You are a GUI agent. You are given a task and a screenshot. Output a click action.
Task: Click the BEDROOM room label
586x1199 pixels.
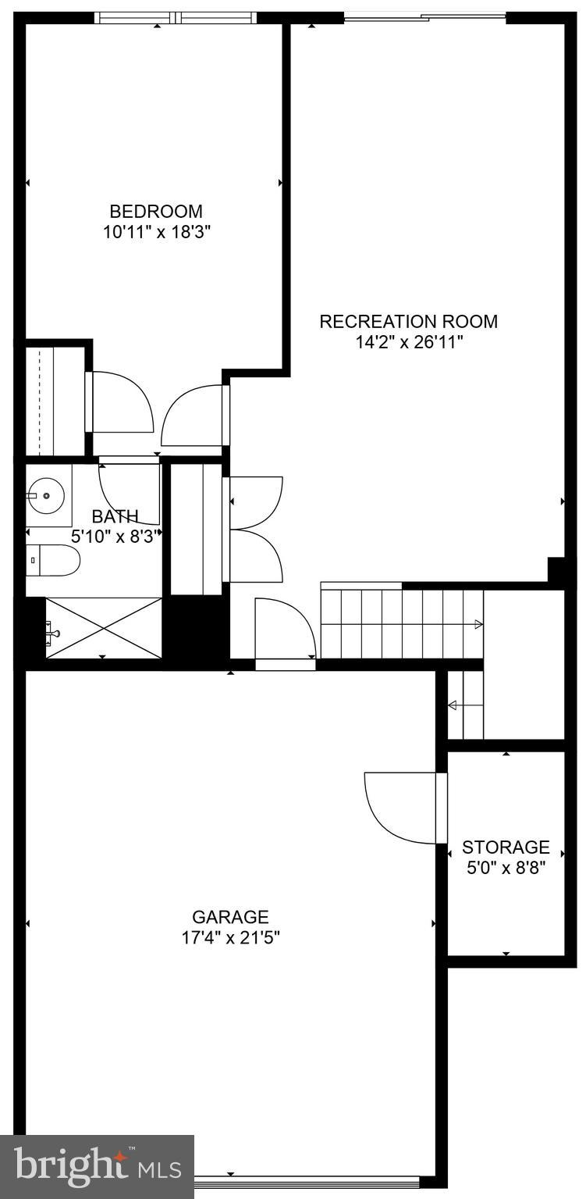click(x=156, y=211)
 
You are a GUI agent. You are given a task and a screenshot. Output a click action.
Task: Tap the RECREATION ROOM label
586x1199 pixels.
click(x=408, y=321)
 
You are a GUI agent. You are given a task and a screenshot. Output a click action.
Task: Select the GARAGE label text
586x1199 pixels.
click(x=230, y=917)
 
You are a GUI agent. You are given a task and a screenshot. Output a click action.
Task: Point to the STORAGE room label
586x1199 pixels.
click(x=506, y=848)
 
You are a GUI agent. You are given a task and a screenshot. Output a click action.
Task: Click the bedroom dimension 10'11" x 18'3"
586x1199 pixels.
click(x=156, y=232)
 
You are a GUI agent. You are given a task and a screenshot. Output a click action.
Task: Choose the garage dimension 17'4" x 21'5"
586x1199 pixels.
click(x=230, y=937)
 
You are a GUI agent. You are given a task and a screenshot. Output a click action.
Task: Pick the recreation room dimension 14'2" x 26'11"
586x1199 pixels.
click(x=408, y=342)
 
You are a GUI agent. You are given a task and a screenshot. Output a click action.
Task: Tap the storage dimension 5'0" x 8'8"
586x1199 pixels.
click(x=506, y=868)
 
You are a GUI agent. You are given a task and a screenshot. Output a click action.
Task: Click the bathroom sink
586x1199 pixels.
click(x=47, y=495)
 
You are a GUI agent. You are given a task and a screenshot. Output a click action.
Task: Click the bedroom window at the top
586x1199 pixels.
click(x=176, y=17)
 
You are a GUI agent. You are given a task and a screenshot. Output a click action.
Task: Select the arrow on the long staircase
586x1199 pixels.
click(x=478, y=624)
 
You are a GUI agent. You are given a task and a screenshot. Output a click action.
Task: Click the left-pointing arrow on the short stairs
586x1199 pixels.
click(x=453, y=706)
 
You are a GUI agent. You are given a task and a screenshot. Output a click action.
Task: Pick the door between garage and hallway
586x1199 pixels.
click(x=286, y=633)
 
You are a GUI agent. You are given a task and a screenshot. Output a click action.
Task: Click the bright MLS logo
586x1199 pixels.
click(x=98, y=1166)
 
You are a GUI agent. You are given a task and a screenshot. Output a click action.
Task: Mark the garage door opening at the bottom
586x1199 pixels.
click(x=308, y=1181)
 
